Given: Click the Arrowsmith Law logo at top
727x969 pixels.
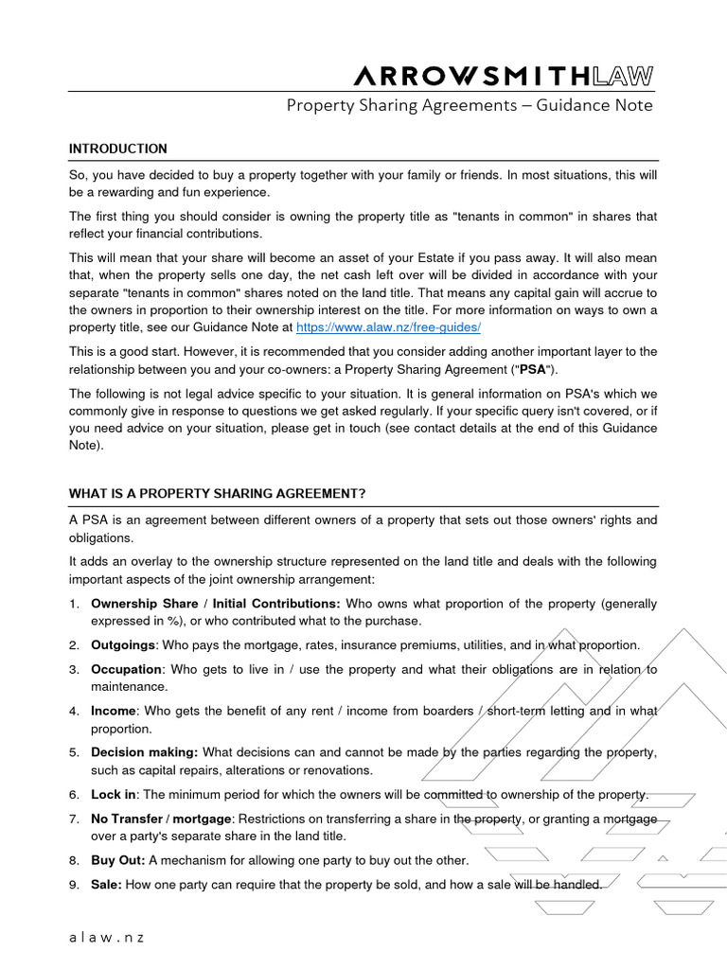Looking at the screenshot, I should [502, 76].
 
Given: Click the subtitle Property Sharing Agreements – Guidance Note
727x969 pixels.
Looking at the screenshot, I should [470, 105].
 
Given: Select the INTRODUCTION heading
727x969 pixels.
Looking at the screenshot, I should [118, 149].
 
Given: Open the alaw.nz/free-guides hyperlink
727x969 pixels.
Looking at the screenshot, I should [389, 326].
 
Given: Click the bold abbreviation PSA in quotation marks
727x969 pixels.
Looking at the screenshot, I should [533, 368].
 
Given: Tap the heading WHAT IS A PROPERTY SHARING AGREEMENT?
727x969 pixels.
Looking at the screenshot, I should [217, 494].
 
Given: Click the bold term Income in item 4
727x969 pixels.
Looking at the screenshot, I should [114, 711].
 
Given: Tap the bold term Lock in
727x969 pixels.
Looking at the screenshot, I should [114, 794].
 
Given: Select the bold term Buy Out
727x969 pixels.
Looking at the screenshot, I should [117, 860].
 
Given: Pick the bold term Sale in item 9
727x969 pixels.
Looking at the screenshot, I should [106, 885].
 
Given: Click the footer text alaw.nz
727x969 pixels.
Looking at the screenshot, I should [106, 938].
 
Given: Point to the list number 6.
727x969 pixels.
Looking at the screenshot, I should [73, 794].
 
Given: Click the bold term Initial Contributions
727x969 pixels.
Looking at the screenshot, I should [276, 603].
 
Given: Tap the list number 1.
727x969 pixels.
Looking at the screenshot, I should [73, 603].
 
